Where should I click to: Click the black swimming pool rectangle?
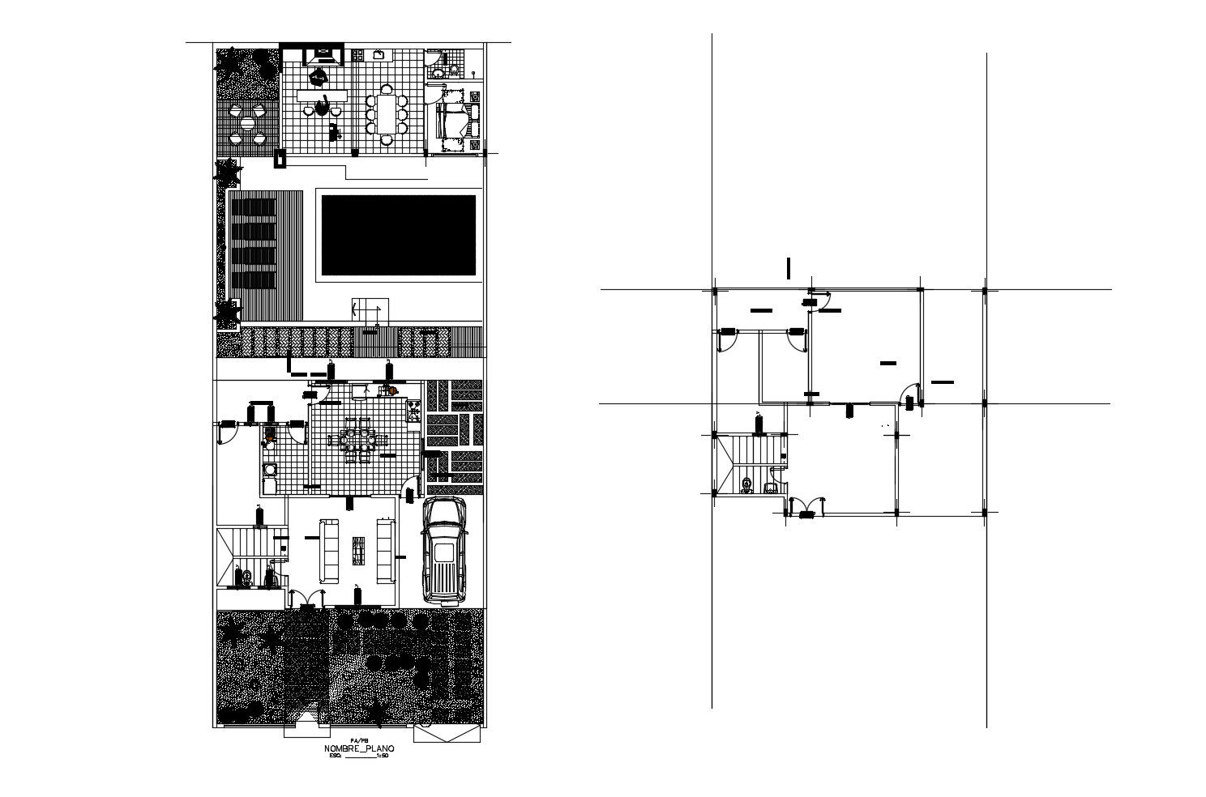point(398,235)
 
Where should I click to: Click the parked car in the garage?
point(444,550)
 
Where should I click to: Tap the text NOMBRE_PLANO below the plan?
point(360,749)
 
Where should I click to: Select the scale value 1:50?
point(384,757)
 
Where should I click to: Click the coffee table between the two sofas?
point(357,551)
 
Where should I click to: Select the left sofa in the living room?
point(329,551)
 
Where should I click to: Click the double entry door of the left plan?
point(306,598)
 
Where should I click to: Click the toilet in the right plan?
point(746,486)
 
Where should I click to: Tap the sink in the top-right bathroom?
point(438,73)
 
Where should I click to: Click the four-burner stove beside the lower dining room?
point(413,411)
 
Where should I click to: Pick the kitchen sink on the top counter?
point(378,54)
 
